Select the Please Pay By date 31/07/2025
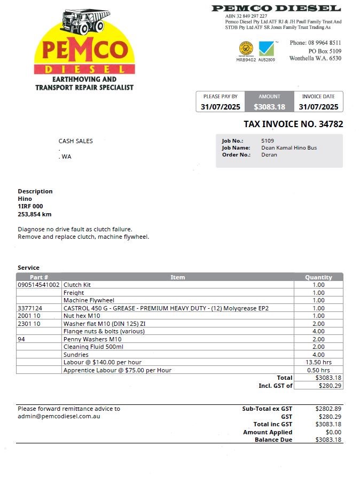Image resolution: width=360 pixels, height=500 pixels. pos(220,107)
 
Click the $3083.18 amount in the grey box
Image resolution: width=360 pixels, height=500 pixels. pos(269,107)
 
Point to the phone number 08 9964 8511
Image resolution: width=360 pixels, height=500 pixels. pos(323,43)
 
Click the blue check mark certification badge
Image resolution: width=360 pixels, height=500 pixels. pos(266,49)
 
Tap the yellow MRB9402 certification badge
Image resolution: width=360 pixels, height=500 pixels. pos(246,49)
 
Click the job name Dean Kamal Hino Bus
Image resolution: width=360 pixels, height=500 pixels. pos(289,148)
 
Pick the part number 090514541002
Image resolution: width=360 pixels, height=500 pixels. pos(39,285)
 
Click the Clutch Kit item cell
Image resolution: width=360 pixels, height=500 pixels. pos(77,285)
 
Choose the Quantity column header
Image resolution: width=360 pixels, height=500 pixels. pos(318,277)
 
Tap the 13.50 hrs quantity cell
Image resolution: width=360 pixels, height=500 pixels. pos(319,362)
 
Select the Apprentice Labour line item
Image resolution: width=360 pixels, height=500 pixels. pos(118,370)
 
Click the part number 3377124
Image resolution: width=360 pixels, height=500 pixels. pos(30,308)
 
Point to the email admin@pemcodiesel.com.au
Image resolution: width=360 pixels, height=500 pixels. pos(59,416)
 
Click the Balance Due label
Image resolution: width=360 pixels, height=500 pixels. pos(273,440)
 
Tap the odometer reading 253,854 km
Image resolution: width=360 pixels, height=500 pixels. pos(35,214)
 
